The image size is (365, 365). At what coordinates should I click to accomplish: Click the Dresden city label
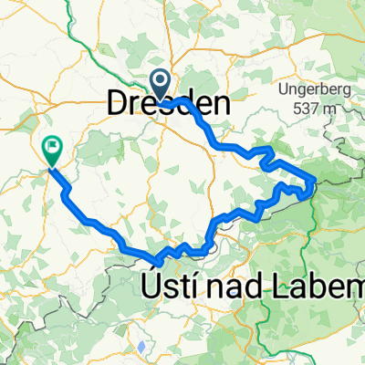168,103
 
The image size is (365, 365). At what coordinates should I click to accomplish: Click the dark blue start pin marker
161,86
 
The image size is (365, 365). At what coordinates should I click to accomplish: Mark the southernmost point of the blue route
155,258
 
